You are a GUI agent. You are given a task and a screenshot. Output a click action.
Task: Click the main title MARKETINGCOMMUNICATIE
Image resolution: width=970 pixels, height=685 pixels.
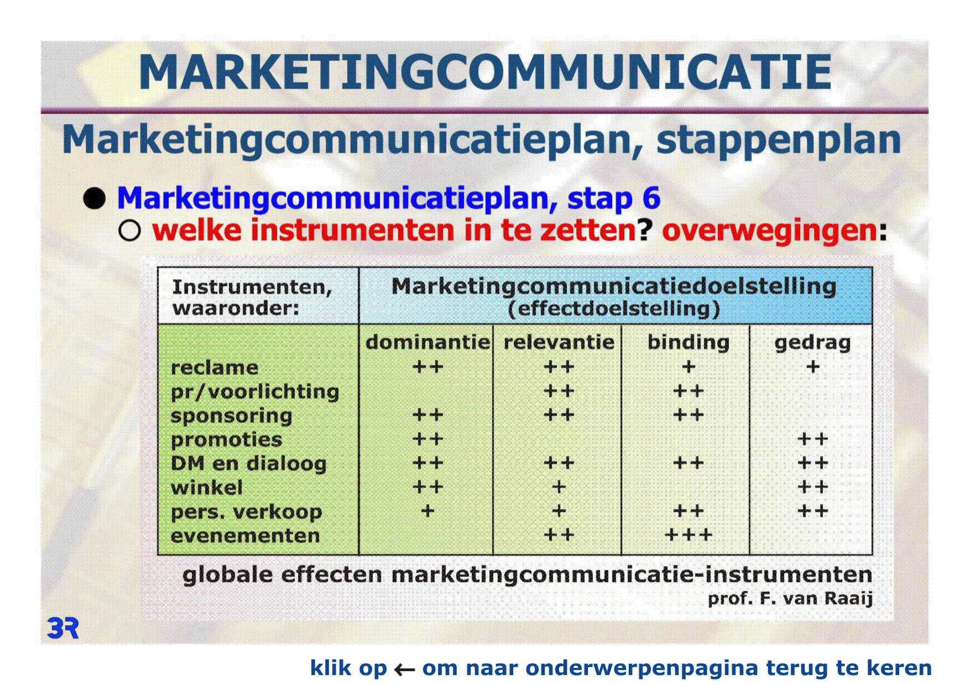[485, 72]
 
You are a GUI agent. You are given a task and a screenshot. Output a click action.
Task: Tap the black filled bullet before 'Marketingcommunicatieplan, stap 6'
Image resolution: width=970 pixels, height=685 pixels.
[95, 198]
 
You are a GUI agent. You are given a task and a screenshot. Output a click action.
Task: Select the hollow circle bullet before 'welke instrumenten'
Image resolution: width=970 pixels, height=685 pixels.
[129, 231]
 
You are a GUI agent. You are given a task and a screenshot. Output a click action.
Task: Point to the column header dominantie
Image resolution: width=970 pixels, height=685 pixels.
[427, 342]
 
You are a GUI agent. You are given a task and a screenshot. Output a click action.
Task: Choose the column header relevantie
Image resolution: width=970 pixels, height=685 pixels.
[559, 342]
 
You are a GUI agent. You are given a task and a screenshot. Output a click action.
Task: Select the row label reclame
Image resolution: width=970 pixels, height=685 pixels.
[215, 368]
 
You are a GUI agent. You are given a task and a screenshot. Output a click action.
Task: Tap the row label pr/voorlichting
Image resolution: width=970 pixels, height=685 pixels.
[255, 391]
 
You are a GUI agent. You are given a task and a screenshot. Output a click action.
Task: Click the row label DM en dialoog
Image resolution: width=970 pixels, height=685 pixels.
[248, 464]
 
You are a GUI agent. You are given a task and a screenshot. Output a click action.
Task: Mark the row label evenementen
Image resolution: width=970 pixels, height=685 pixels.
[245, 536]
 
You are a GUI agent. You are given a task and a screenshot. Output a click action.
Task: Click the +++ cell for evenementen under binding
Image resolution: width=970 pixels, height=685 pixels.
[688, 535]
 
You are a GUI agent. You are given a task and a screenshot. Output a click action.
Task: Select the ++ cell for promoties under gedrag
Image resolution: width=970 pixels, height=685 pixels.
[812, 439]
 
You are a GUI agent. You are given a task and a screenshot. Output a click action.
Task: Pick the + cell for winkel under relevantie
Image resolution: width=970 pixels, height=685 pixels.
[559, 487]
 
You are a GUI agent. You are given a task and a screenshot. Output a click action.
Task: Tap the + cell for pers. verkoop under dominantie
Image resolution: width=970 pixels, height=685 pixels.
[427, 511]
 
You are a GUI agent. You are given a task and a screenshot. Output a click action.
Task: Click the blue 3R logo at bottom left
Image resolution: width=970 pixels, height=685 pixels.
[63, 629]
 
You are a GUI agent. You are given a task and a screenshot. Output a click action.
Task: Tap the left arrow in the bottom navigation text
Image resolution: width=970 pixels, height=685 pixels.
[404, 670]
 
